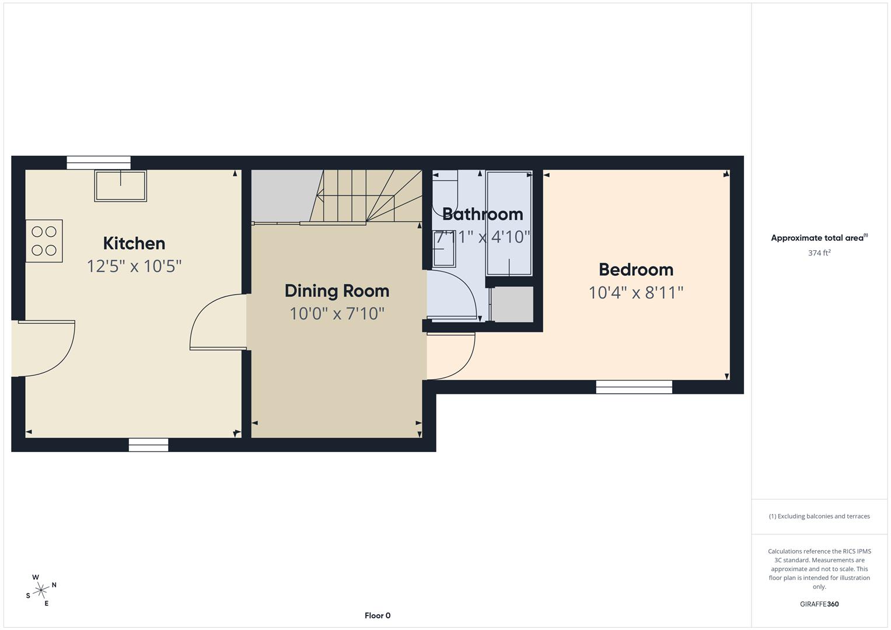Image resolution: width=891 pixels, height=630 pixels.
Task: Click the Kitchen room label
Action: pos(134,243)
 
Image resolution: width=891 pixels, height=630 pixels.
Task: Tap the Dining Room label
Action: pos(337,290)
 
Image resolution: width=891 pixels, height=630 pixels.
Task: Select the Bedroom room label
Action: pos(635,269)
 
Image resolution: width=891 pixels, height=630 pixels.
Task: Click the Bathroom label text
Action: pos(482,214)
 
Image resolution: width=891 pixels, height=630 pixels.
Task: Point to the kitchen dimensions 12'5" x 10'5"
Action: pos(134,266)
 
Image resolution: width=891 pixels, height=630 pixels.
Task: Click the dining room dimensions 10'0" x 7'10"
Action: pos(337,314)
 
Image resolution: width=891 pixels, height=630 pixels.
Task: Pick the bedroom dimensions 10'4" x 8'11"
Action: pos(635,292)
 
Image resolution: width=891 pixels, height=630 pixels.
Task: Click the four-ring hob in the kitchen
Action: pos(44,241)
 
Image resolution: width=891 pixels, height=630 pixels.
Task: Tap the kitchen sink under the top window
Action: pos(120,185)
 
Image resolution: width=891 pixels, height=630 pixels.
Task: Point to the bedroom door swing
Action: pos(450,355)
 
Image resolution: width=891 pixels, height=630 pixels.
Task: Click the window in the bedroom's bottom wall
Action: pos(634,387)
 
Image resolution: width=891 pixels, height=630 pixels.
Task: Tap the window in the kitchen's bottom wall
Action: pos(148,445)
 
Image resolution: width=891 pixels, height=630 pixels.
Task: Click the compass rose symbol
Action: pos(41,590)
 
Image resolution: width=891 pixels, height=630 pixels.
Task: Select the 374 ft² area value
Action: pos(819,253)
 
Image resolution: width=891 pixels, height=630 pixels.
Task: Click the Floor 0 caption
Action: pos(377,615)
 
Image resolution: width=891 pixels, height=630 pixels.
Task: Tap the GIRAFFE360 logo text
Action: pos(819,604)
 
